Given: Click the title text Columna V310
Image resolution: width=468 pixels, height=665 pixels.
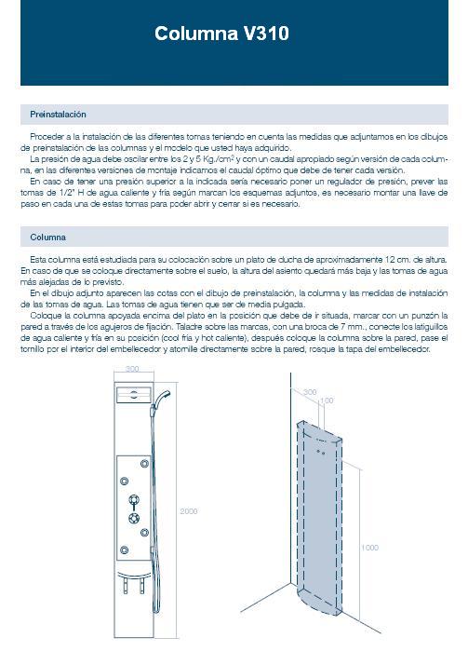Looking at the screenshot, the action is click(x=221, y=34).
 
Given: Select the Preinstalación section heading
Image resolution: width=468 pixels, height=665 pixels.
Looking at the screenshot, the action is click(x=58, y=115).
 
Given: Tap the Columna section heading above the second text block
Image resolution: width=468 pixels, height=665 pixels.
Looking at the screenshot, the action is click(x=47, y=237).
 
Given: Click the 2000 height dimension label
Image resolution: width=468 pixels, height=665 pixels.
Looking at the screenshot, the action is click(x=189, y=511).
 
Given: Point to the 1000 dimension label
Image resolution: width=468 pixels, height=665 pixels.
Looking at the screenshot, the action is click(x=369, y=548).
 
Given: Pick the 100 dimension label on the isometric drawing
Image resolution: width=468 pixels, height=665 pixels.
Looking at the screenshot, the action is click(x=327, y=400).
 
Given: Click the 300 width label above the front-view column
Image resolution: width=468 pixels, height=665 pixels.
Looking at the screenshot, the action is click(x=132, y=369).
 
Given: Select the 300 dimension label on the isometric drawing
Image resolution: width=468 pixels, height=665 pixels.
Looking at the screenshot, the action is click(x=310, y=392).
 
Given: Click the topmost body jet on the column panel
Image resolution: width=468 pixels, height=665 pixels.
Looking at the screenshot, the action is click(x=144, y=464).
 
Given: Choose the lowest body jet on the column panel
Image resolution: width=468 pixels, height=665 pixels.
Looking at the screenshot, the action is click(x=124, y=550).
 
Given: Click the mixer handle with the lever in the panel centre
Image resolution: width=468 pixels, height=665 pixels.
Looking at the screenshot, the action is click(x=134, y=501).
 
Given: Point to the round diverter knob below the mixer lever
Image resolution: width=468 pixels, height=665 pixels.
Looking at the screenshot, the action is click(x=134, y=518).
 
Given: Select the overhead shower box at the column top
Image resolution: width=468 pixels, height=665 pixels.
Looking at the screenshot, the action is click(x=134, y=395).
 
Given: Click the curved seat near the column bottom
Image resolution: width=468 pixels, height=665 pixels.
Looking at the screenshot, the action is click(x=134, y=576).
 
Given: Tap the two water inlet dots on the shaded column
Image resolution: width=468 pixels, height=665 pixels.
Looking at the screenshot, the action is click(x=321, y=452).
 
